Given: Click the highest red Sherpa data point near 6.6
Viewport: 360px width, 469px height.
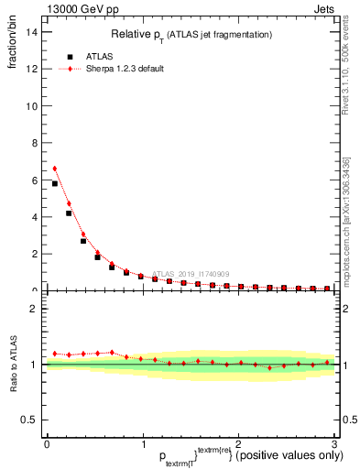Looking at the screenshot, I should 55,169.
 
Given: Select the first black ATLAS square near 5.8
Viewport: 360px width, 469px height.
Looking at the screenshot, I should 55,183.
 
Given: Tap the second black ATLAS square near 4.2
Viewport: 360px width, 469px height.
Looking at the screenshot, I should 69,213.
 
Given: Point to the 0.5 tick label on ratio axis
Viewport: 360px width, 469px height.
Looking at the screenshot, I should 30,420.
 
